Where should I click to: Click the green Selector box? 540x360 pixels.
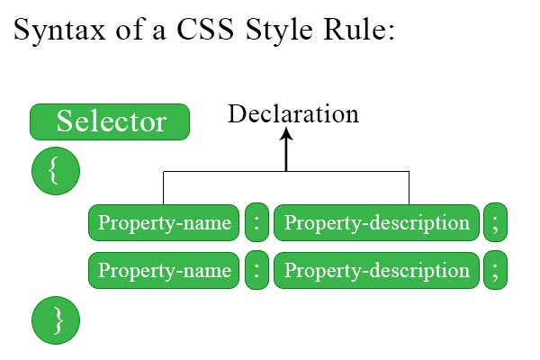pos(110,122)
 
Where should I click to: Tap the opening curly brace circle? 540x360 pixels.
pos(56,171)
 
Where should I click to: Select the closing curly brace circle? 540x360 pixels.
pos(56,320)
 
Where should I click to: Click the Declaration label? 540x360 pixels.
pos(293,113)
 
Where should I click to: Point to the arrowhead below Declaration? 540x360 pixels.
pos(286,134)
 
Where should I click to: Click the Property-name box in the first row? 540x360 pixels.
pos(164,222)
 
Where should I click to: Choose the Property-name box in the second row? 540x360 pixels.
pos(164,270)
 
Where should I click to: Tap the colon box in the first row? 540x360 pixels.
pos(256,222)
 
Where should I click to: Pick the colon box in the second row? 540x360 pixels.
pos(256,270)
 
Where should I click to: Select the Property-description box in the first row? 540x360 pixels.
pos(376,222)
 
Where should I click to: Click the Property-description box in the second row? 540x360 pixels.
pos(376,270)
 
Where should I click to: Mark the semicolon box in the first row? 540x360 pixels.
pos(495,222)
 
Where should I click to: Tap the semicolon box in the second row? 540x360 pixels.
pos(495,270)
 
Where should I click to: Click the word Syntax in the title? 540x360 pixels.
pos(59,31)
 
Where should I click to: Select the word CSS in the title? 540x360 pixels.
pos(205,30)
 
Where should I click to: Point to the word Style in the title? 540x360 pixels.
pos(279,31)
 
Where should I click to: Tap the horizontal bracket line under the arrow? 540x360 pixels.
pos(286,171)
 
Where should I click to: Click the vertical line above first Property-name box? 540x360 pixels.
pos(163,188)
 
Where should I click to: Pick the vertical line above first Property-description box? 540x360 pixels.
pos(409,188)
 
